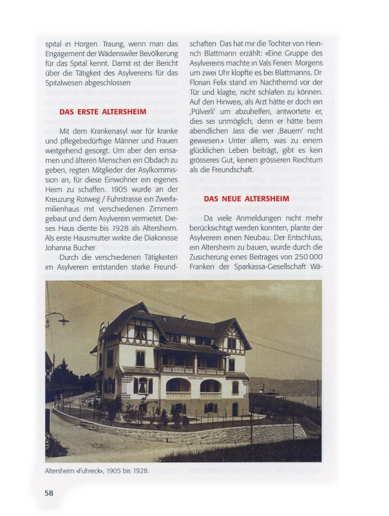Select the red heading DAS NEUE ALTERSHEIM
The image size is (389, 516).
[246, 199]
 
